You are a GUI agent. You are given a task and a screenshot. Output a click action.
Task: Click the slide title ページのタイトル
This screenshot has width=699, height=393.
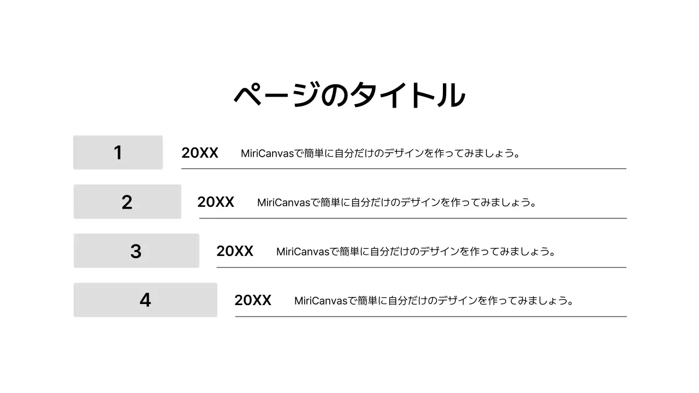[x=349, y=95]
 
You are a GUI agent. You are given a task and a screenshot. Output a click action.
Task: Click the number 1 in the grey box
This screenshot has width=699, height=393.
[x=118, y=153]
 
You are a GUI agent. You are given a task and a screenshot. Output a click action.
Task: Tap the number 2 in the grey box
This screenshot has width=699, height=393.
[x=127, y=202]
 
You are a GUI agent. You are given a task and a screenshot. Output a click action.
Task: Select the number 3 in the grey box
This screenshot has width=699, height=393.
[x=136, y=251]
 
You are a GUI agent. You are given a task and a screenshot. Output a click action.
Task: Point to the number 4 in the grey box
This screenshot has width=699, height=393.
[x=145, y=300]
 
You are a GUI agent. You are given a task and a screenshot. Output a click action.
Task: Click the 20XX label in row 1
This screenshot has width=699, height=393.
[x=200, y=153]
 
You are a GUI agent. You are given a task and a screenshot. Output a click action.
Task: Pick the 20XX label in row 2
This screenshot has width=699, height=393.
[x=216, y=203]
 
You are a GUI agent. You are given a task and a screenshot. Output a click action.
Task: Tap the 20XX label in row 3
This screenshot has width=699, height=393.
[x=235, y=251]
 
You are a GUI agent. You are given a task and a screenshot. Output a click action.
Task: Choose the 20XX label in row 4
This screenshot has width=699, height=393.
[x=253, y=300]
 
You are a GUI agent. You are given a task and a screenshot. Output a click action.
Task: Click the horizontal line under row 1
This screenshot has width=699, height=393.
[x=404, y=169]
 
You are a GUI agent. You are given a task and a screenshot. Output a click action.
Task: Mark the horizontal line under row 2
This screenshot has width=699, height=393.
[x=413, y=218]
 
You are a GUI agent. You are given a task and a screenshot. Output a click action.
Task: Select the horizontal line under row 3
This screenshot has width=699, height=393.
[x=421, y=267]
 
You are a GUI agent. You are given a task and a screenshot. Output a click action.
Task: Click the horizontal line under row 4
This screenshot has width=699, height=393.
[x=431, y=317]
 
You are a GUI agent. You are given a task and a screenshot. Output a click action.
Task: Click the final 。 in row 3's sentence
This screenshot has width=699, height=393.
[x=553, y=253]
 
